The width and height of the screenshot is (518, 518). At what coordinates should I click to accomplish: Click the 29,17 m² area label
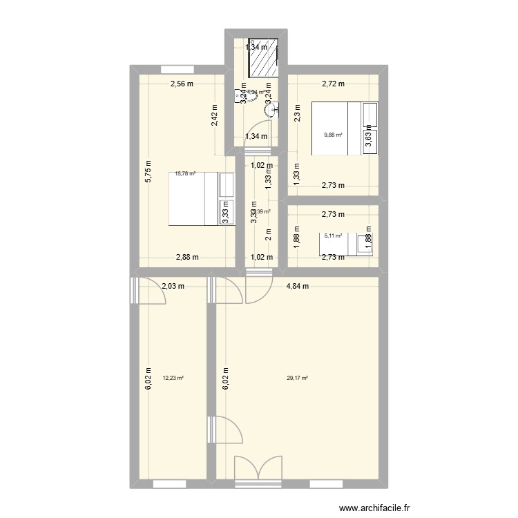click(298, 378)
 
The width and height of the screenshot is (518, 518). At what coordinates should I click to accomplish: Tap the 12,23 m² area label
click(173, 378)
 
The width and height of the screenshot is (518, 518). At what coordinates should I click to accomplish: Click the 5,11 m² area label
click(334, 236)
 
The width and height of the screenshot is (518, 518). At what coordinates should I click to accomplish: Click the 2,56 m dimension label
click(182, 84)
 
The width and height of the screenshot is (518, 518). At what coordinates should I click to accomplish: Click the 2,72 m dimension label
click(334, 84)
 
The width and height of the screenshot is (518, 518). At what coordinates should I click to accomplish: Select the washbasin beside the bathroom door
click(274, 106)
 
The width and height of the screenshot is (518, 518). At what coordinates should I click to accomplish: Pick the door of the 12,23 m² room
click(151, 294)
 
